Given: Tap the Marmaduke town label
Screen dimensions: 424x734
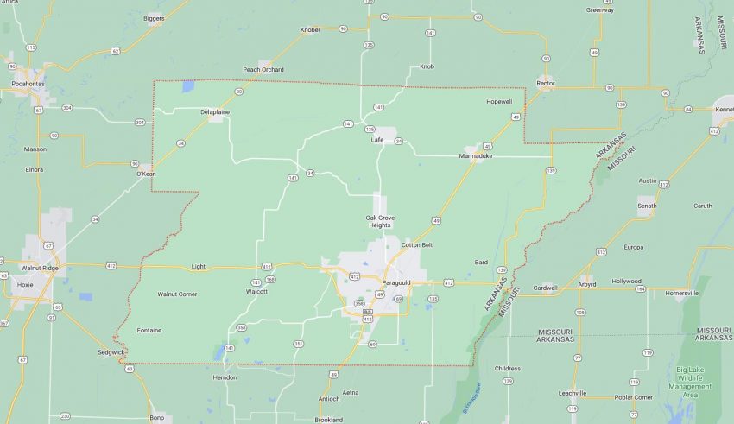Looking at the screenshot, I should [475, 156].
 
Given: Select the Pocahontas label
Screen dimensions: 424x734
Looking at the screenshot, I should [27, 84].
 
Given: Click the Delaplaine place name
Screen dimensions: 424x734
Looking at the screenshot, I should [215, 111].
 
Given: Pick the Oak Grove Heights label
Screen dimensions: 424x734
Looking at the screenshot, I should [379, 221].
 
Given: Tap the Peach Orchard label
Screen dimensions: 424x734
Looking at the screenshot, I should [263, 69].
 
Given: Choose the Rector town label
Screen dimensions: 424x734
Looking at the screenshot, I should [545, 83].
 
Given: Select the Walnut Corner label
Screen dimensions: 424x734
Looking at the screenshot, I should [177, 294].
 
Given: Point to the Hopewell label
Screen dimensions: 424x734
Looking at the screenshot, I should [499, 101].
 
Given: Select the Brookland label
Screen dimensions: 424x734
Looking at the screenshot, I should [328, 420].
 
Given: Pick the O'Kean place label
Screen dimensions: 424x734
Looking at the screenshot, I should [145, 174].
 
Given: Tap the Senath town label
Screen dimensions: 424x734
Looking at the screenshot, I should [647, 206].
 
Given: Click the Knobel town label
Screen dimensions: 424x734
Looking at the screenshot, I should [310, 29].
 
